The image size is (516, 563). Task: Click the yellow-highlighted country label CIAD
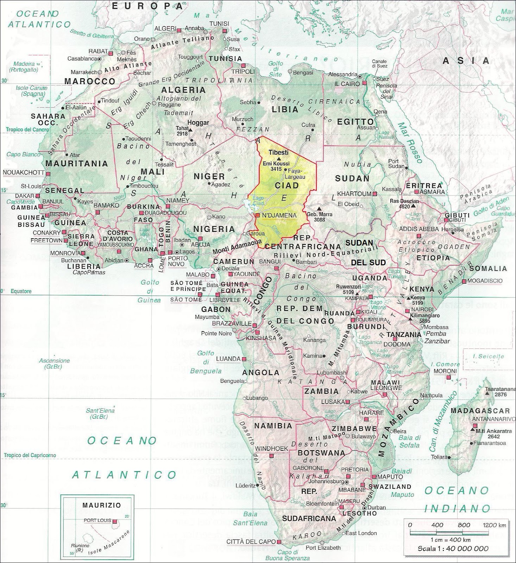coord(287,185)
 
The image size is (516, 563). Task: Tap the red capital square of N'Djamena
coord(258,215)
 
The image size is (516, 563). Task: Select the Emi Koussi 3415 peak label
coord(276,166)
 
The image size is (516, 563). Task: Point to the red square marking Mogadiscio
coord(465,281)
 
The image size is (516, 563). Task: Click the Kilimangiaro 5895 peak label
coord(424,318)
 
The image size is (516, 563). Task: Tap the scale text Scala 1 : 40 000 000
coord(453,548)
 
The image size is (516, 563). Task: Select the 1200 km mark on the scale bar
coord(494,525)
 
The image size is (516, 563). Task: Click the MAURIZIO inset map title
coord(97,505)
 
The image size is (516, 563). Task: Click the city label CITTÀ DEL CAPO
coord(250,542)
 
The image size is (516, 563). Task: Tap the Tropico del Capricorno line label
coord(30,455)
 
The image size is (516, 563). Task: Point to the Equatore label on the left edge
coord(21,291)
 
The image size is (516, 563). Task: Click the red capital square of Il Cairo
coord(365,84)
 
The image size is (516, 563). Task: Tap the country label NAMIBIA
coord(273,426)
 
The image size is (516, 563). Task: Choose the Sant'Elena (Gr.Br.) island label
coord(100,413)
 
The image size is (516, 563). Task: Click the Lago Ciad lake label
coord(258,201)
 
